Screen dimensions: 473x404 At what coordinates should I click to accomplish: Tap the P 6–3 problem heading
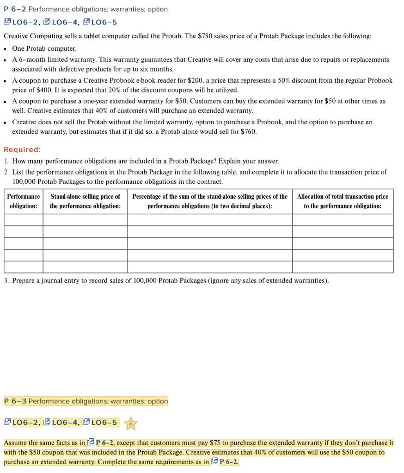tap(16, 401)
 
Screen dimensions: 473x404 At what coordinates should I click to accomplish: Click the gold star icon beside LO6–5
tap(131, 423)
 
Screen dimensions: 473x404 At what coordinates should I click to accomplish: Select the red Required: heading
tap(22, 149)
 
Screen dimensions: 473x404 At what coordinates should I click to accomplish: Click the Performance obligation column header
tap(24, 201)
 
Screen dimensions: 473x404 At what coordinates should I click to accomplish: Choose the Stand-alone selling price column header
tap(85, 201)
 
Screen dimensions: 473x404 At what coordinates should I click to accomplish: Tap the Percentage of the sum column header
tap(210, 201)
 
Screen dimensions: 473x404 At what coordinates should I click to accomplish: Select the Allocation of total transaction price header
tap(343, 201)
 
